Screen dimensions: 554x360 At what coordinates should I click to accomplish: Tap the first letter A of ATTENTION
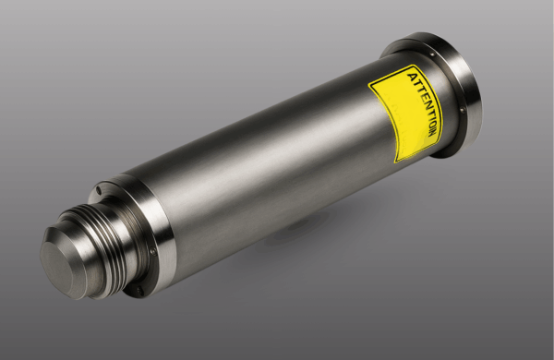point(413,77)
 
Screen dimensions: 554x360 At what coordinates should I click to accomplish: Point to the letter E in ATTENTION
point(424,96)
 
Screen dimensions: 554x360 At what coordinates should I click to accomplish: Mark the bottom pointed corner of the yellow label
point(396,162)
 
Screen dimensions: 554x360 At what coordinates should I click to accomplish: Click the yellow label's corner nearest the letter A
point(414,65)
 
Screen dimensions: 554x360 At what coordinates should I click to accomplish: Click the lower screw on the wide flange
point(463,110)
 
